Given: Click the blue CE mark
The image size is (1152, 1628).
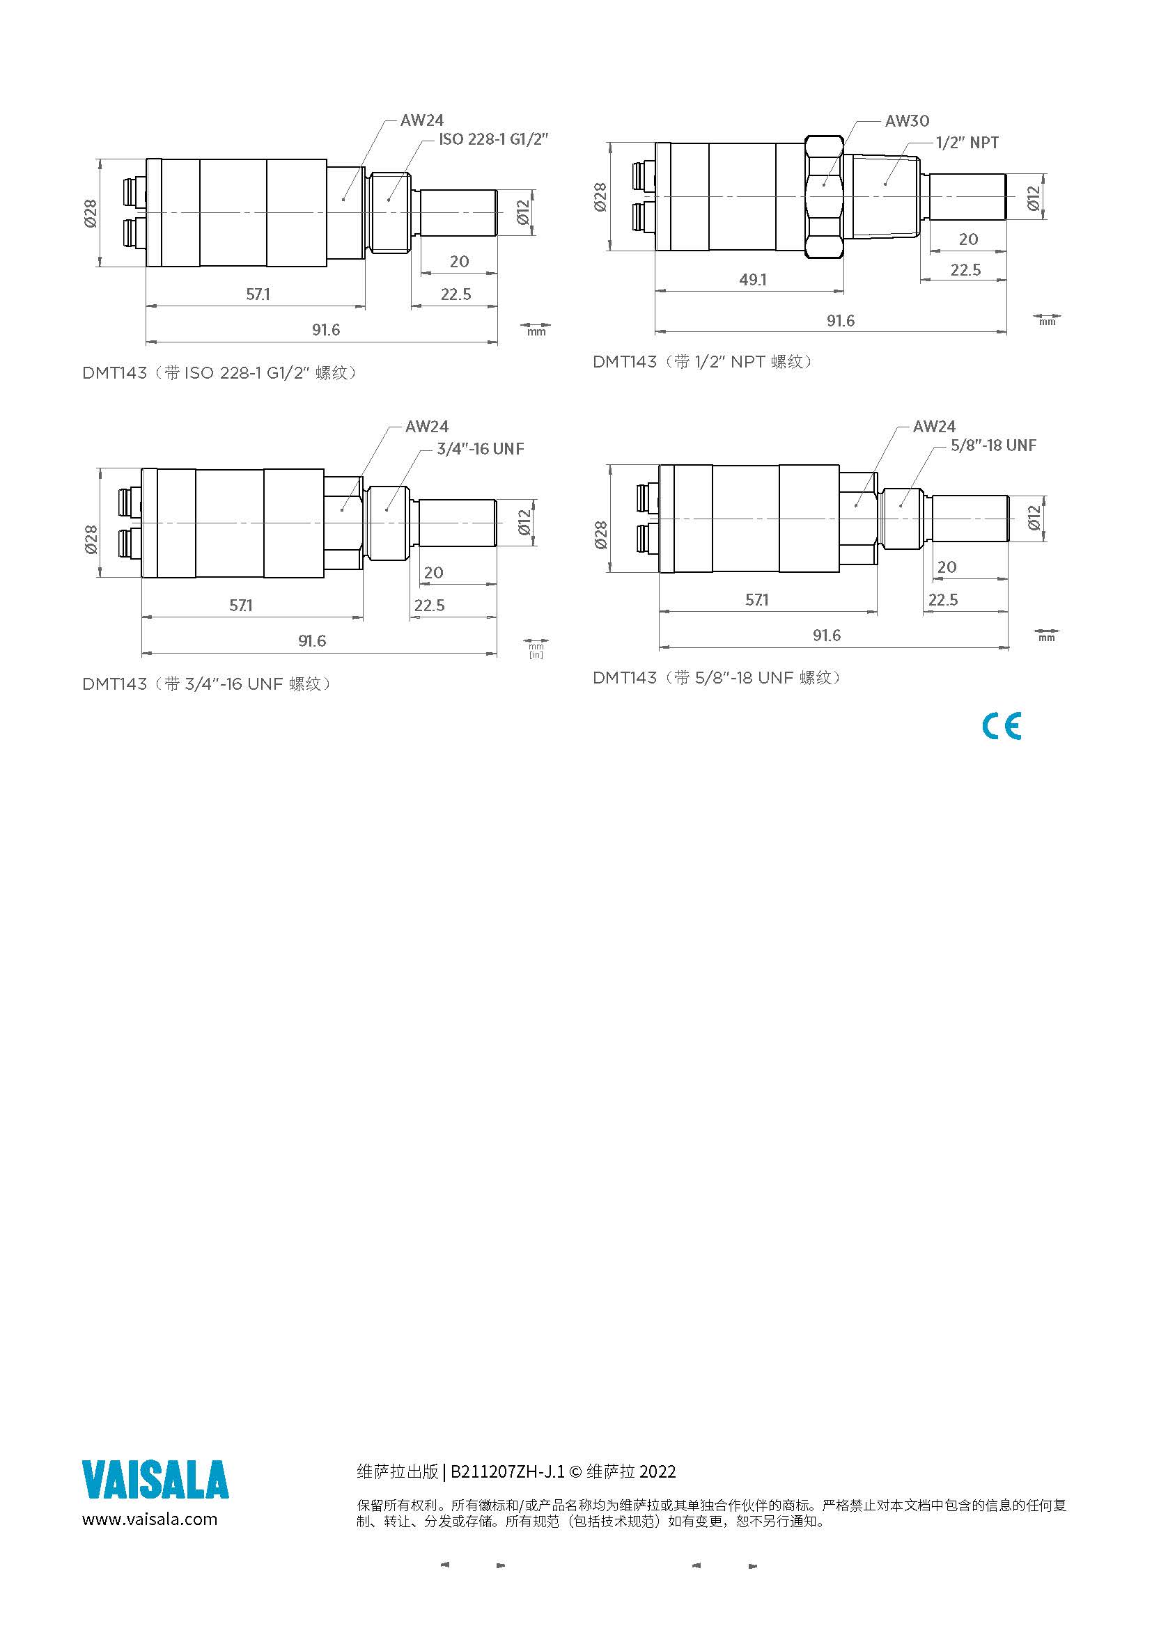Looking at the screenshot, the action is pos(1002,726).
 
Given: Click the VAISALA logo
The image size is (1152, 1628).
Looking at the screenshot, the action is pos(155,1480).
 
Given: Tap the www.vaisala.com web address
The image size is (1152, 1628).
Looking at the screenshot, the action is pos(150,1519).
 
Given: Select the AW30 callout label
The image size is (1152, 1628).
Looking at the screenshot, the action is pos(907,121).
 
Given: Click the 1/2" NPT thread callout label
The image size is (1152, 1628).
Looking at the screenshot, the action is pos(967,143).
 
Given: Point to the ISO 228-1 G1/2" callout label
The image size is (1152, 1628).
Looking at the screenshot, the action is pos(494,139).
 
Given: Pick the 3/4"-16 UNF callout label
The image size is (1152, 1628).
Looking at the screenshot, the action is pos(481,449).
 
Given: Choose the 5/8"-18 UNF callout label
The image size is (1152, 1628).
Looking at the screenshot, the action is pos(993,445).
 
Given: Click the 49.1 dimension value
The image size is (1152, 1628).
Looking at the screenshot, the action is pos(753,280).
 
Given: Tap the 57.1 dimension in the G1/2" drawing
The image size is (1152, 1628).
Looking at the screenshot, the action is pos(258,294).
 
